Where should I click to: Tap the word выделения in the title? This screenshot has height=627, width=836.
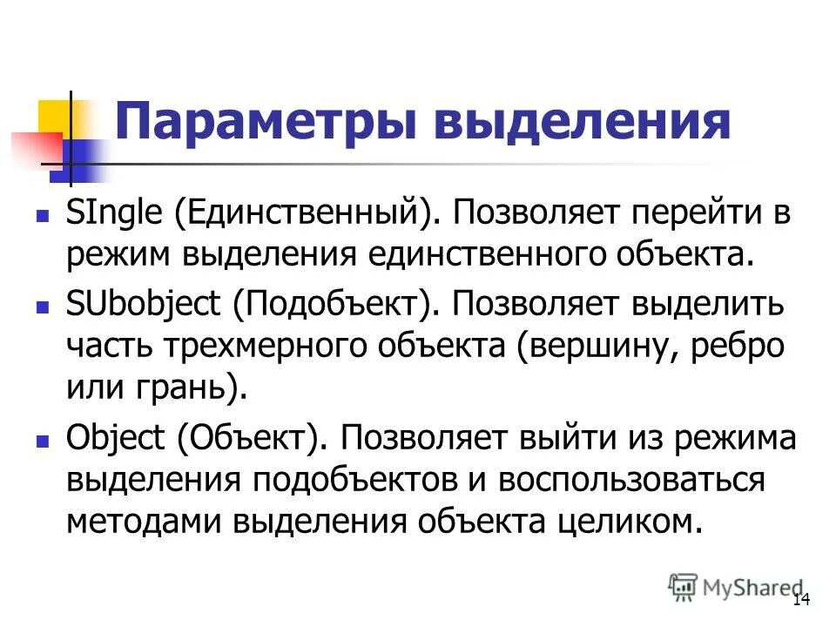click(x=579, y=123)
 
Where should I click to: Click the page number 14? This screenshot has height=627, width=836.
click(x=801, y=600)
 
